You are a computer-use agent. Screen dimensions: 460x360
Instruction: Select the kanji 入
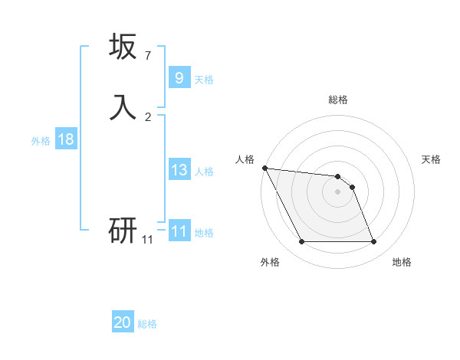[123, 107]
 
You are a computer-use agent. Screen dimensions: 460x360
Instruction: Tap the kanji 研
[123, 229]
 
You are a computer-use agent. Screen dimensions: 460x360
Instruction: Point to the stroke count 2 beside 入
[147, 116]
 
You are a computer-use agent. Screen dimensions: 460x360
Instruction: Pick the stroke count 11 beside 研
[147, 240]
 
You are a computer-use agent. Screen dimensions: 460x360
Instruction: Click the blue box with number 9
[179, 78]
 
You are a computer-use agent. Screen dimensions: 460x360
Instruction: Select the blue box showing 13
[179, 171]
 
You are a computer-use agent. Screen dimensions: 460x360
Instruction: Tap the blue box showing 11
[179, 231]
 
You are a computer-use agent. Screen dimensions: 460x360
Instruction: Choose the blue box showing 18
[66, 139]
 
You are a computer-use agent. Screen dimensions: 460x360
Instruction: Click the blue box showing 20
[123, 322]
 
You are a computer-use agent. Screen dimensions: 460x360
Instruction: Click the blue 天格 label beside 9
[204, 80]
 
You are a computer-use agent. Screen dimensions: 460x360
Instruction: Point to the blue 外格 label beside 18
[41, 141]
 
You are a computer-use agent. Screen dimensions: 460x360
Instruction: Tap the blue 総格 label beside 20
[147, 324]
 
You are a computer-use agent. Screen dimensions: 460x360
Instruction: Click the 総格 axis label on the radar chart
[338, 100]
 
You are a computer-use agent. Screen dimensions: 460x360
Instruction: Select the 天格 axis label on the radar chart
[431, 159]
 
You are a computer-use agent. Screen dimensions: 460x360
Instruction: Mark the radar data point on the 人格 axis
[264, 168]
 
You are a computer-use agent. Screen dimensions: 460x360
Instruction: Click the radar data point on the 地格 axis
[373, 242]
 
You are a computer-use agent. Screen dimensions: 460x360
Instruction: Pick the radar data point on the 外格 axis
[302, 242]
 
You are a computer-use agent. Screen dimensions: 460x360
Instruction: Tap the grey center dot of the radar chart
[338, 191]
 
